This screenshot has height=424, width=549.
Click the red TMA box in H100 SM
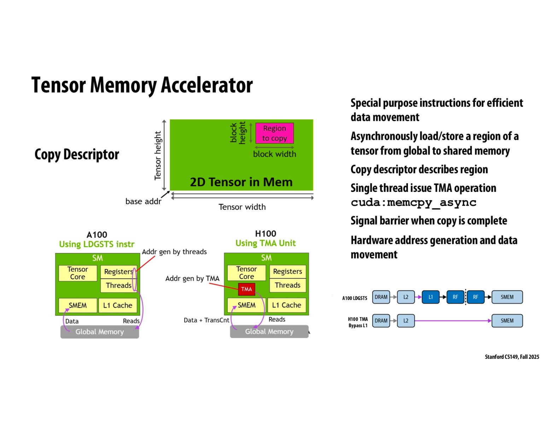[x=246, y=289]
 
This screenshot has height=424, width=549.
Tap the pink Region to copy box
[x=274, y=133]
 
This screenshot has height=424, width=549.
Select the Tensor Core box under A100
[x=77, y=273]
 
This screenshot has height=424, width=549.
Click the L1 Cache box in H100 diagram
[x=286, y=305]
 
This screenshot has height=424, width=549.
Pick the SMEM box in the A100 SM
[x=77, y=305]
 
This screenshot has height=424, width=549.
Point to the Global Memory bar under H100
[x=269, y=331]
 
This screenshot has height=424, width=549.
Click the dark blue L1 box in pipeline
[x=430, y=297]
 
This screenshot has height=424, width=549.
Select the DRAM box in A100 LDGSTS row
[x=381, y=297]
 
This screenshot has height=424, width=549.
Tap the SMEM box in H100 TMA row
[x=507, y=321]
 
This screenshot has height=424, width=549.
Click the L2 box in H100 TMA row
[x=405, y=321]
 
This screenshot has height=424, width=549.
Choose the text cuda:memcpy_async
[x=413, y=202]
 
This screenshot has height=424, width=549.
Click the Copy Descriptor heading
[x=77, y=154]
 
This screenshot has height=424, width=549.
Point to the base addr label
[x=143, y=201]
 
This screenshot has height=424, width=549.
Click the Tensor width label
[x=242, y=207]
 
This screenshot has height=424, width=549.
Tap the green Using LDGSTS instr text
[x=97, y=244]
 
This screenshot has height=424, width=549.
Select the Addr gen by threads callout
[x=174, y=252]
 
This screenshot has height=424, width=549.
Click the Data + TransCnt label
[x=206, y=320]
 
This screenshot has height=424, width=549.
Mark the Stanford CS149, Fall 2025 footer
[x=512, y=357]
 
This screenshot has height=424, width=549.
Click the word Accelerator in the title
[x=207, y=85]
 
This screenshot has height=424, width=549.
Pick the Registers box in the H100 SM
[x=287, y=271]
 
